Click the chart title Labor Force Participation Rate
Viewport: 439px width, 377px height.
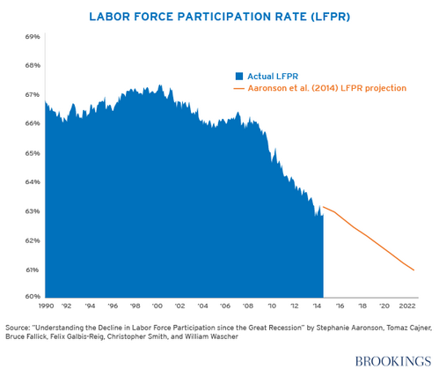pyautogui.click(x=219, y=15)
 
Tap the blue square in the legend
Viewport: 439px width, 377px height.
pyautogui.click(x=238, y=75)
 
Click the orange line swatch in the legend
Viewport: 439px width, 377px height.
pyautogui.click(x=238, y=88)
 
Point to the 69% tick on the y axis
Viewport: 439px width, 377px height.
pyautogui.click(x=33, y=36)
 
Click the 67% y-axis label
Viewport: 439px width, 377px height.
pyautogui.click(x=33, y=94)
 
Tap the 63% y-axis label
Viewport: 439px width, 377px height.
pyautogui.click(x=33, y=211)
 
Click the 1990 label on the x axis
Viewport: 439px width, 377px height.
pyautogui.click(x=46, y=307)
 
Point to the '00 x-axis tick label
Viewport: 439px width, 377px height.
pyautogui.click(x=157, y=307)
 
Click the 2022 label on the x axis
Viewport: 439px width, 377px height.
pyautogui.click(x=406, y=307)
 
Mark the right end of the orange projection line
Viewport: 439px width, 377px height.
pyautogui.click(x=413, y=270)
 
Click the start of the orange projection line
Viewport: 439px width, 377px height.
pyautogui.click(x=324, y=207)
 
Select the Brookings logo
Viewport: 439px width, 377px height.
pyautogui.click(x=394, y=360)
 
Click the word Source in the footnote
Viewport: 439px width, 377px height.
pyautogui.click(x=19, y=327)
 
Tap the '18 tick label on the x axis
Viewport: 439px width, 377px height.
pyautogui.click(x=361, y=307)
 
